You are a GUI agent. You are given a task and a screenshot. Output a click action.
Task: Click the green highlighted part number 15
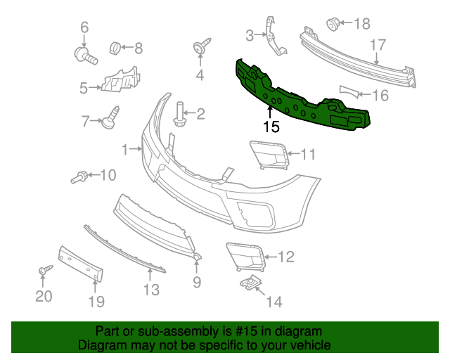[x=302, y=98]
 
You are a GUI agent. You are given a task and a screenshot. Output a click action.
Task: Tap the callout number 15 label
[x=271, y=127]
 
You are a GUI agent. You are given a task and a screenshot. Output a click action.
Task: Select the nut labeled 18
[x=333, y=25]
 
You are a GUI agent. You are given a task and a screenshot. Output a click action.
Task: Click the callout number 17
[x=378, y=45]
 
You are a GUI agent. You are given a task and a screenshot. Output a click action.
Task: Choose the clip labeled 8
[x=115, y=48]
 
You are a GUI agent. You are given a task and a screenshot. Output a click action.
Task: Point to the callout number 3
[x=250, y=34]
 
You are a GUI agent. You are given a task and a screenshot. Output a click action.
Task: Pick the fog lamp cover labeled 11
[x=269, y=155]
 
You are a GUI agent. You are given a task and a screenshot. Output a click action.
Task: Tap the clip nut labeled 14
[x=250, y=284]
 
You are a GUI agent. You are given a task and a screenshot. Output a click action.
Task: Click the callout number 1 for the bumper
[x=125, y=149]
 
